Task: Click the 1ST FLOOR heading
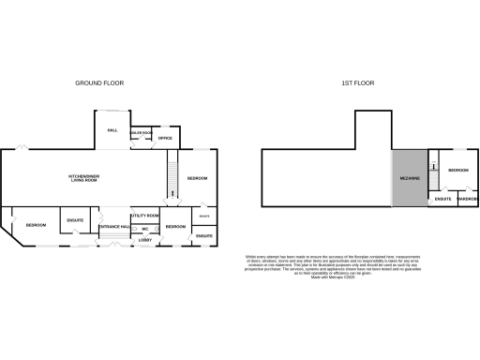point(357,83)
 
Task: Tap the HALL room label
point(112,130)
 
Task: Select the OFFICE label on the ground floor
point(165,138)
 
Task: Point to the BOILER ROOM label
point(141,133)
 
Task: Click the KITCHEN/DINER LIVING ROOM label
point(84,178)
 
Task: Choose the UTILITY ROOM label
point(145,216)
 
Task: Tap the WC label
point(146,228)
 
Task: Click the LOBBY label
point(145,240)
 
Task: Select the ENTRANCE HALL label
point(114,228)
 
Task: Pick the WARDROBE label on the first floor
point(468,199)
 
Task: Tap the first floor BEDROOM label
point(457,171)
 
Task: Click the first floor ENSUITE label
point(444,199)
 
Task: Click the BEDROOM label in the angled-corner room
point(37,226)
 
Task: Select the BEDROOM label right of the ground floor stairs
point(197,178)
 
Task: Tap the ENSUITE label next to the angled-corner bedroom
point(75,221)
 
